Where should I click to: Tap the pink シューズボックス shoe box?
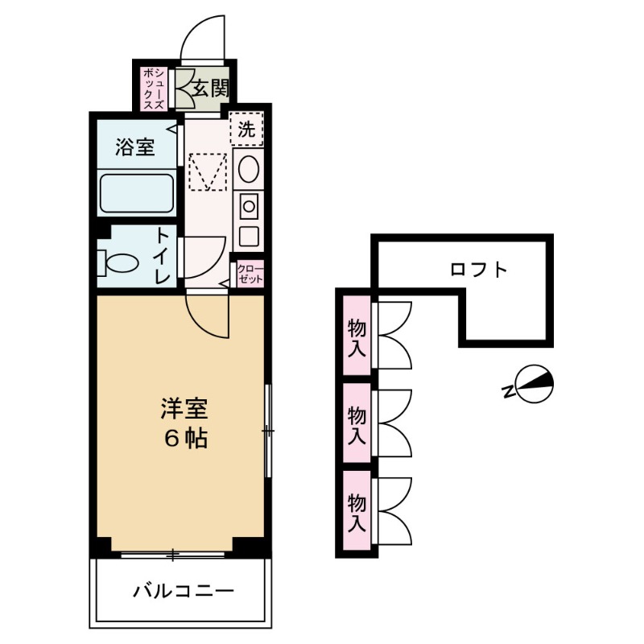coord(154,88)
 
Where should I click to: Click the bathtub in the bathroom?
coord(136,194)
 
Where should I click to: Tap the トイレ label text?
coord(163,255)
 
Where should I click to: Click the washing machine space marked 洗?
coord(247,127)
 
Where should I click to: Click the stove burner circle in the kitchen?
coord(249,206)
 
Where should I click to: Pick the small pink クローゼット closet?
coord(249,271)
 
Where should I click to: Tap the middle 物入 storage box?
coord(357,423)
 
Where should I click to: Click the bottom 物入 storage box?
coord(357,512)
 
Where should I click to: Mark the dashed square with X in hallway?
coord(208,172)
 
